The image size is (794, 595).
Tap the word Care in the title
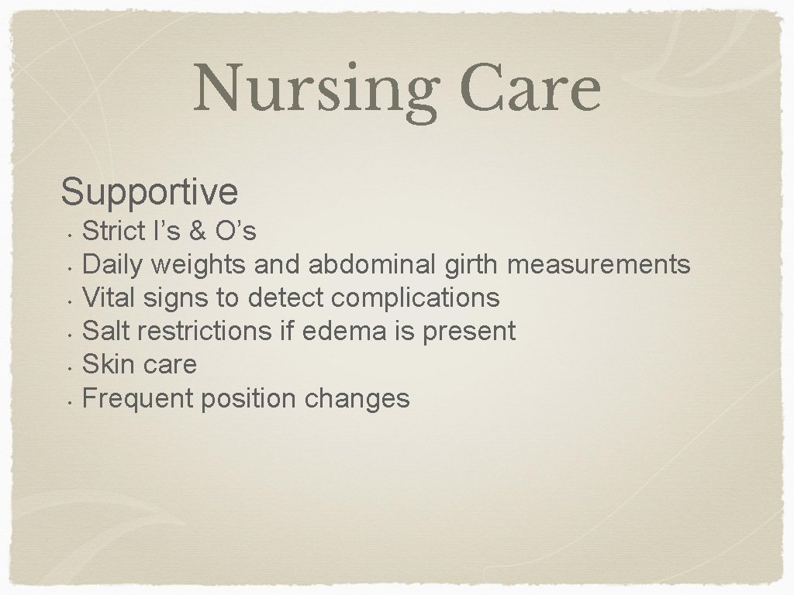click(529, 88)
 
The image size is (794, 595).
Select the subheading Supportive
click(149, 191)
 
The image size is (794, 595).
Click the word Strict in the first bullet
click(113, 230)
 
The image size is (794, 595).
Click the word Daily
click(112, 265)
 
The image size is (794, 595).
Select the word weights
click(198, 265)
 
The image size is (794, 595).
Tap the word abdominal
click(373, 264)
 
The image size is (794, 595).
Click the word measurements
click(598, 264)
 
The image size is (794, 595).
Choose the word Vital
click(112, 297)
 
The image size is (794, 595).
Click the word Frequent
click(138, 398)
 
